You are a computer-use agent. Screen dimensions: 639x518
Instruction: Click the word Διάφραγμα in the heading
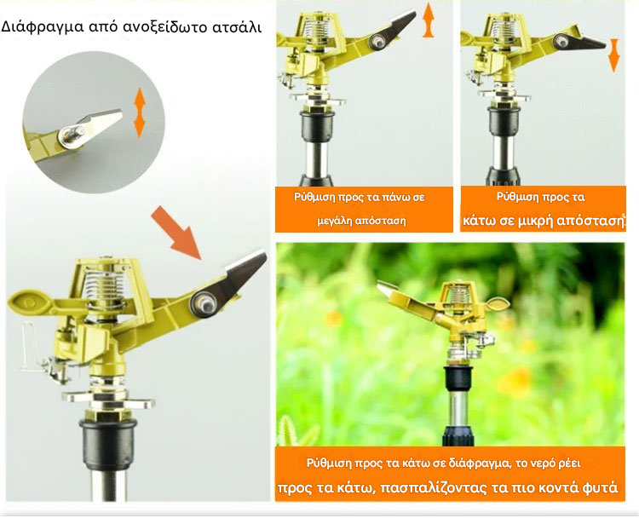(37, 27)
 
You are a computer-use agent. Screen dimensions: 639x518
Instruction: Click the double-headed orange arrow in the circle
(140, 112)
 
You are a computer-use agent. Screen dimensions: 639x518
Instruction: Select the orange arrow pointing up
(428, 20)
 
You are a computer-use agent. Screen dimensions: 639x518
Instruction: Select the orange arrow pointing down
(613, 55)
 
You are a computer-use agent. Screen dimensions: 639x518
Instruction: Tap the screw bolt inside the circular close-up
(73, 134)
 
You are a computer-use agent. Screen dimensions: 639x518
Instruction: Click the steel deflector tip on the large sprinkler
(244, 272)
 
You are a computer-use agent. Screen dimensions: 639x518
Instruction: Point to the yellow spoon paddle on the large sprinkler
(29, 302)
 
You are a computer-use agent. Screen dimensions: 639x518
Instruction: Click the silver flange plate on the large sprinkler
(108, 398)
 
